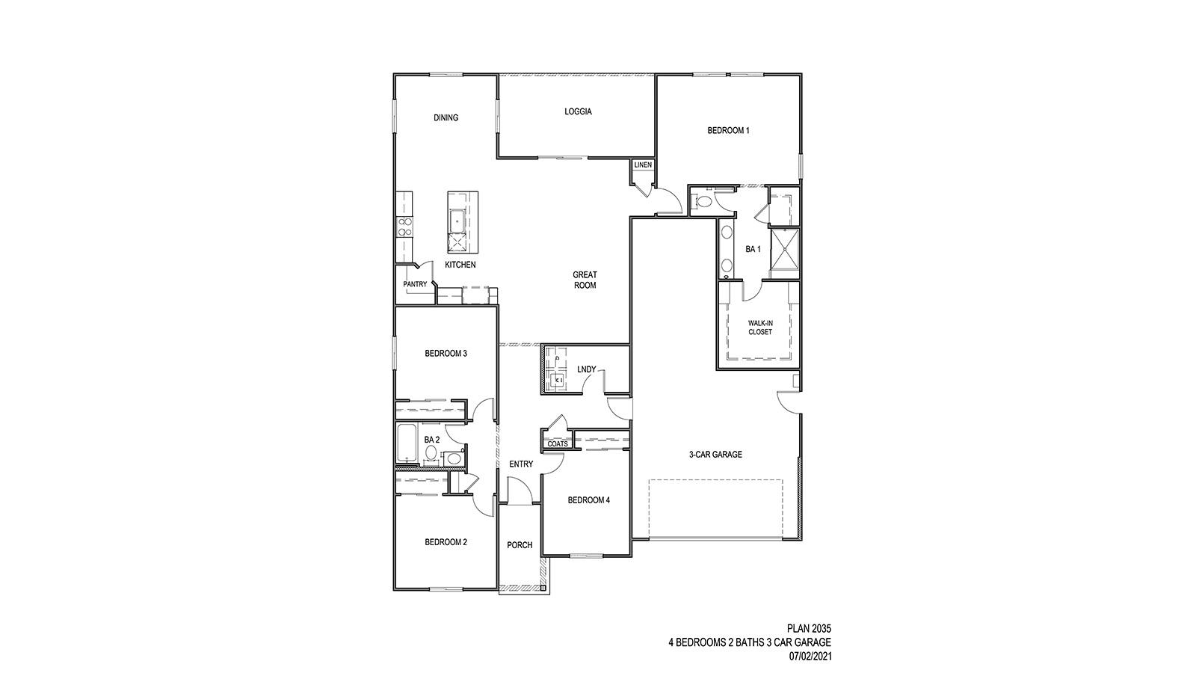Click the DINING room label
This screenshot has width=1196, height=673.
pyautogui.click(x=446, y=117)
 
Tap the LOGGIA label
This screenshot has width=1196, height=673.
pyautogui.click(x=578, y=111)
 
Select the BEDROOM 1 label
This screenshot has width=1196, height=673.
pyautogui.click(x=728, y=130)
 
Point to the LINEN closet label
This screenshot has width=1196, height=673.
pyautogui.click(x=643, y=165)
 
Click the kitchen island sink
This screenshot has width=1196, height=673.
pyautogui.click(x=457, y=220)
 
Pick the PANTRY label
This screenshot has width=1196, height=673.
pyautogui.click(x=415, y=284)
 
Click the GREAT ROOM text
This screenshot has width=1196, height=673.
pyautogui.click(x=585, y=280)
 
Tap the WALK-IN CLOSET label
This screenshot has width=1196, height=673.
pyautogui.click(x=760, y=328)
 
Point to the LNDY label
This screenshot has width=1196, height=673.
pyautogui.click(x=587, y=369)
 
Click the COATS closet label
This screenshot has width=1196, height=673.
pyautogui.click(x=558, y=443)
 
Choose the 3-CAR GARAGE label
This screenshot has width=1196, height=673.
pyautogui.click(x=715, y=454)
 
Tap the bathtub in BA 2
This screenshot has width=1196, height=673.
pyautogui.click(x=407, y=445)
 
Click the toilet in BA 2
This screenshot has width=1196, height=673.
pyautogui.click(x=453, y=458)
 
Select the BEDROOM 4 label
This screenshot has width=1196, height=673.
pyautogui.click(x=588, y=500)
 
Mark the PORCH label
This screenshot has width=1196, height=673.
pyautogui.click(x=520, y=545)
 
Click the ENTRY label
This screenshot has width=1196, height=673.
pyautogui.click(x=521, y=464)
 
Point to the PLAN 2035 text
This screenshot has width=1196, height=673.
pyautogui.click(x=809, y=628)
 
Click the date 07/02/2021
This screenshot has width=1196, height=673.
pyautogui.click(x=810, y=657)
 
